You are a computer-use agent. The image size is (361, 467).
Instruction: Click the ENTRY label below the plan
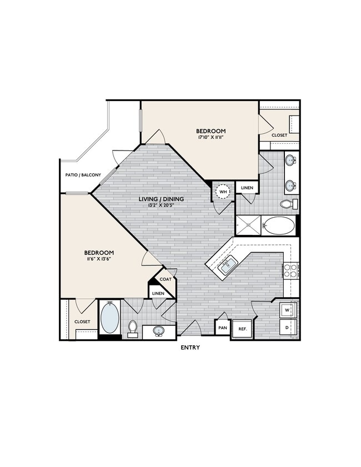(190, 348)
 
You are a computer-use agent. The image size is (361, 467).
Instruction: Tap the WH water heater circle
(223, 193)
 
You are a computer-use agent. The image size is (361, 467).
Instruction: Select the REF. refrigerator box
(242, 328)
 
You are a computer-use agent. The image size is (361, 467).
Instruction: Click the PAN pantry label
(223, 328)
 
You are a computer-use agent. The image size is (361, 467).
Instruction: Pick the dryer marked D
(288, 327)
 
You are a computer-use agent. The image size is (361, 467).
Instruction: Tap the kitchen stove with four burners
(290, 270)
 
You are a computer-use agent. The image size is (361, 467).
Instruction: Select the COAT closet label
(166, 279)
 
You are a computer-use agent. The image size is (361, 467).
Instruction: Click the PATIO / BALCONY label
(83, 175)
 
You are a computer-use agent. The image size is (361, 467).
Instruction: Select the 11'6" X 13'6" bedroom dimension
(101, 259)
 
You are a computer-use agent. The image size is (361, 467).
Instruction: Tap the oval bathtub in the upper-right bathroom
(279, 226)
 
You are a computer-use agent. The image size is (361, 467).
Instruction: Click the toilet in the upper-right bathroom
(288, 204)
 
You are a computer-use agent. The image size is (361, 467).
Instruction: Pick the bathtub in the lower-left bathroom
(110, 318)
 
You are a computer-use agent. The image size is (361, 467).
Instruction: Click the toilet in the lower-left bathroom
(133, 328)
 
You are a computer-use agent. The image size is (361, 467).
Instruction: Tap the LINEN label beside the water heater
(247, 188)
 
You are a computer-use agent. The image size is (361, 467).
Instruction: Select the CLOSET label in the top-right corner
(279, 135)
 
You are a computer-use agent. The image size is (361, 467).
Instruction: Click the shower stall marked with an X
(248, 225)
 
